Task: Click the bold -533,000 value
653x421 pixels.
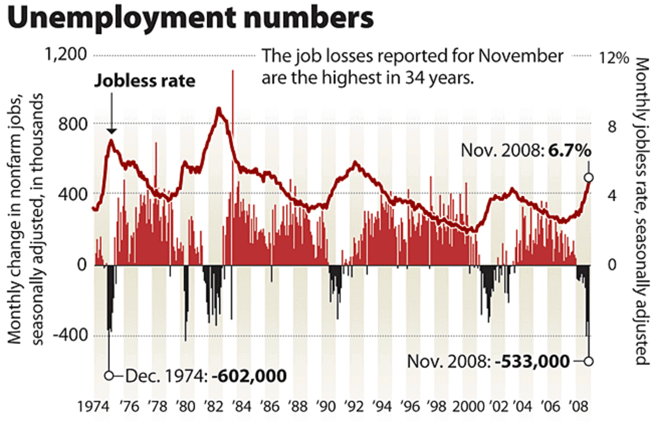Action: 532,361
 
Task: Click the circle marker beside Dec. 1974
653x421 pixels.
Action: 109,376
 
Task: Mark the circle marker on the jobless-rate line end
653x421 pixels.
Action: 588,177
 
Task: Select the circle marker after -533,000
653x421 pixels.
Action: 588,361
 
